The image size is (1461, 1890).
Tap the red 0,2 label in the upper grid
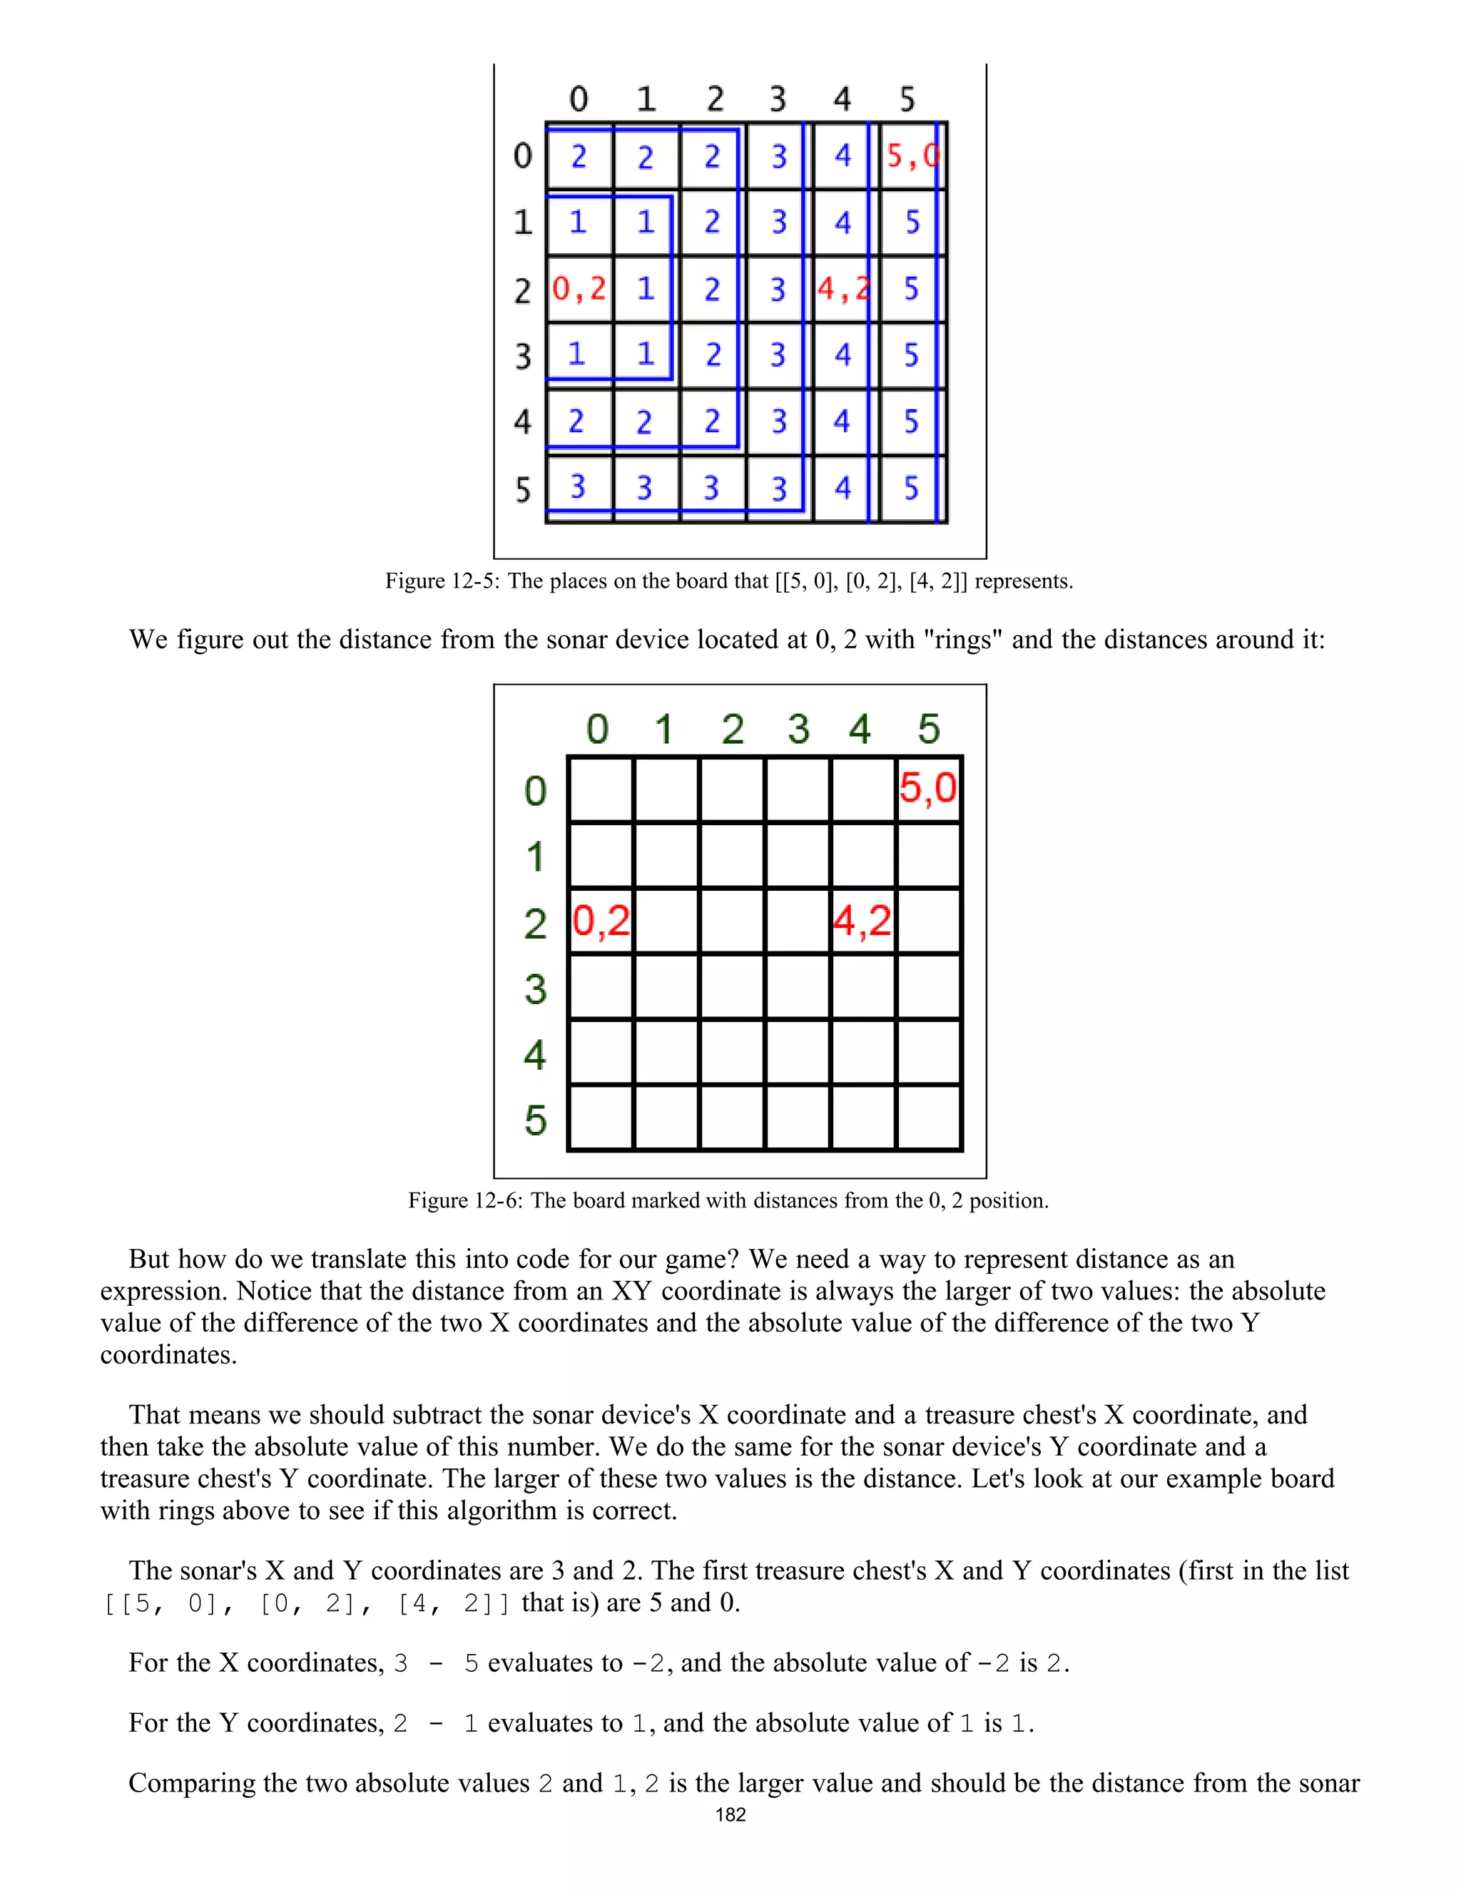pos(579,289)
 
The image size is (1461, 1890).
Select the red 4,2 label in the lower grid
pos(861,921)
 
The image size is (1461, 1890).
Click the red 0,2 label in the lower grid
pos(601,921)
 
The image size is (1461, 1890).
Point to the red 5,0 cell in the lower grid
pos(928,788)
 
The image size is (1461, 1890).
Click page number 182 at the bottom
pos(730,1814)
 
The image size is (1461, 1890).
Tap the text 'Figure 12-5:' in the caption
pos(442,581)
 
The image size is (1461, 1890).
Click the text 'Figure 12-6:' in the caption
pos(466,1200)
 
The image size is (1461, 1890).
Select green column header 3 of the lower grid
pos(798,729)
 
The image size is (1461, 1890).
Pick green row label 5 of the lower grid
pos(535,1120)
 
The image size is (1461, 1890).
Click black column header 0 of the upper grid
pos(578,98)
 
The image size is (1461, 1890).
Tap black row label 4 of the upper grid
pos(522,422)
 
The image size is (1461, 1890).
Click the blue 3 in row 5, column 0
pos(577,487)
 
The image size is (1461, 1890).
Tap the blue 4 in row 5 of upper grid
pos(843,488)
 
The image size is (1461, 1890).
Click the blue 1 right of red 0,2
pos(646,289)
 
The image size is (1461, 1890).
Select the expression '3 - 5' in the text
pos(435,1663)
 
